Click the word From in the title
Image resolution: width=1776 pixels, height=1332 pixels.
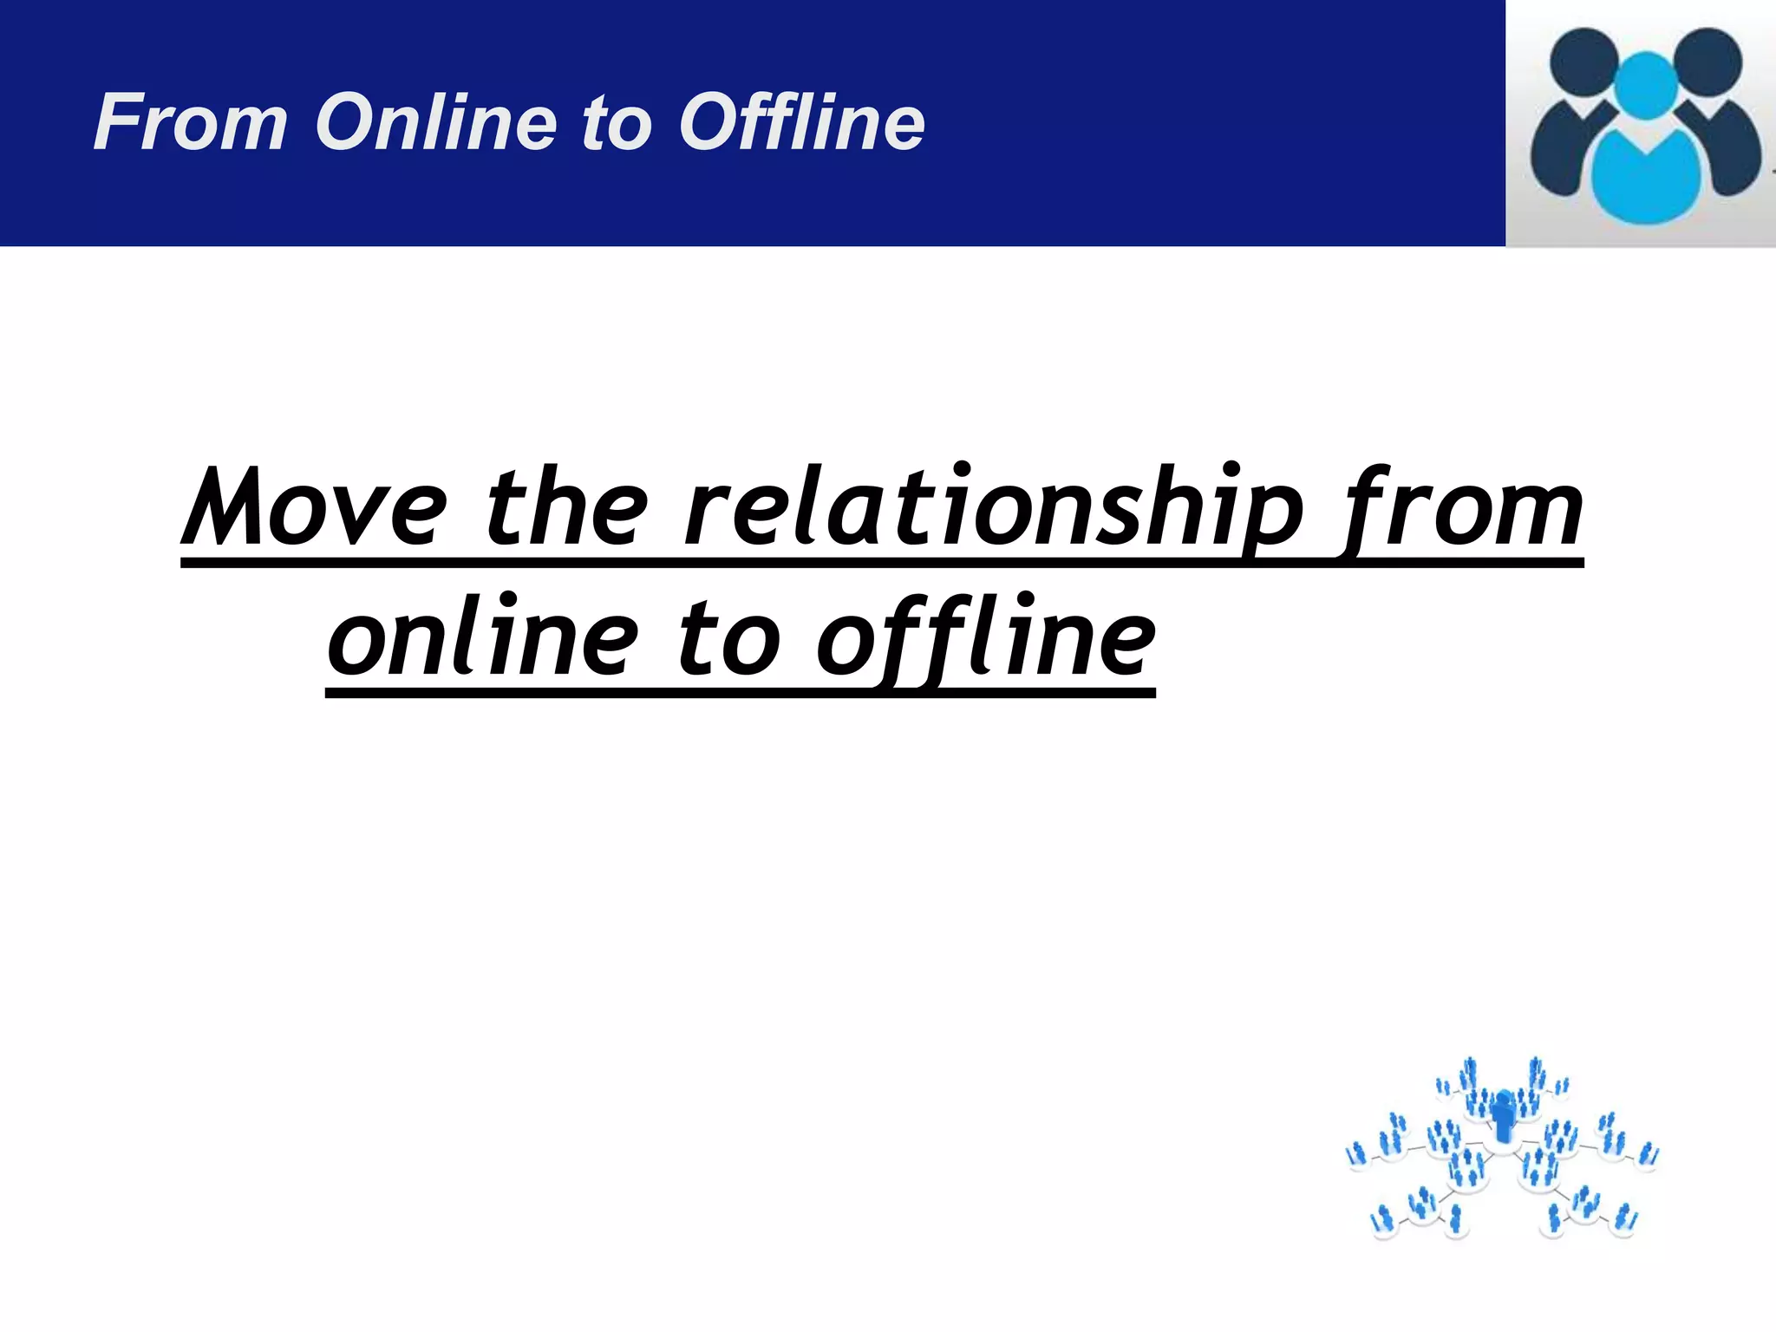pos(190,122)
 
